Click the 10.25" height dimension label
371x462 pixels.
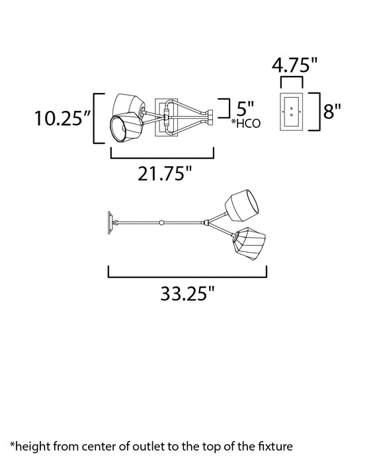pos(62,119)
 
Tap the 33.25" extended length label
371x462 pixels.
pos(187,293)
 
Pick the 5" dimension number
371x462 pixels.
pos(243,106)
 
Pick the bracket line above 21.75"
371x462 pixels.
pos(162,156)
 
